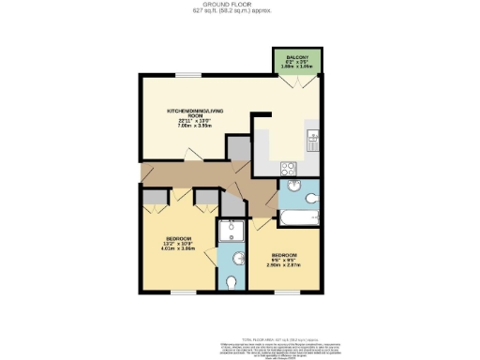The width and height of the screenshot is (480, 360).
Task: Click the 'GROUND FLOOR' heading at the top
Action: point(239,5)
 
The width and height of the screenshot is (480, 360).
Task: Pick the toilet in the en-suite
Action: point(232,282)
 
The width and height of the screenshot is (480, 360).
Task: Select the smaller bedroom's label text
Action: point(283,260)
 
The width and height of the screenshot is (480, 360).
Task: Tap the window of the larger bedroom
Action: point(184,292)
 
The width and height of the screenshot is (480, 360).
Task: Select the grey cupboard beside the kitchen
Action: point(239,148)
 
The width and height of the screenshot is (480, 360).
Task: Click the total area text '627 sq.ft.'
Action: point(239,12)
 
